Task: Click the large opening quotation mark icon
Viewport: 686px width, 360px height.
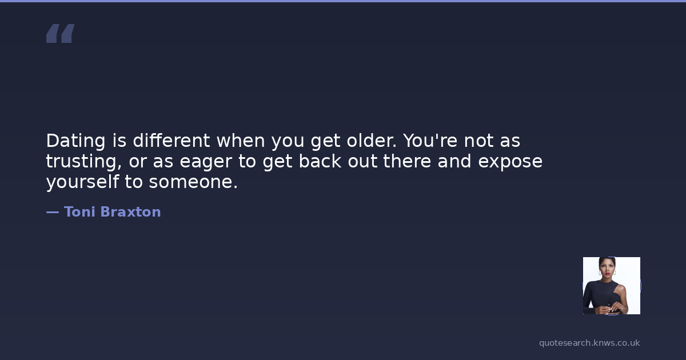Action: point(61,33)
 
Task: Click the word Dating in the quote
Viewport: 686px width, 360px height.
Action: point(76,141)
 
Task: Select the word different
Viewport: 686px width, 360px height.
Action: point(171,140)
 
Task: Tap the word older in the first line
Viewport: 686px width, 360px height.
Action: point(372,140)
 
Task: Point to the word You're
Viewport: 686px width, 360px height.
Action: point(430,140)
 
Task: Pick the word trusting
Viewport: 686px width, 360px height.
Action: point(84,162)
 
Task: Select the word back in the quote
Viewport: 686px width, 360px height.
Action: point(320,161)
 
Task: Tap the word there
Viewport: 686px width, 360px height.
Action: point(407,161)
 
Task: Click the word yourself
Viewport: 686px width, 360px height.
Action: point(82,182)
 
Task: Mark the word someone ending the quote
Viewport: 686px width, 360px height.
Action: point(193,182)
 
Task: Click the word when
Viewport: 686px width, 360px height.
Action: point(241,140)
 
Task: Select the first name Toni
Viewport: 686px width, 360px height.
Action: point(79,212)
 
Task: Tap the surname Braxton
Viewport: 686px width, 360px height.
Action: point(130,212)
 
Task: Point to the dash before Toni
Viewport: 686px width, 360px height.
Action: point(53,212)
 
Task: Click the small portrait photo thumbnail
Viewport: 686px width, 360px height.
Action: point(612,286)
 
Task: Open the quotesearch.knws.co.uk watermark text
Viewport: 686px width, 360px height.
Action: point(589,343)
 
